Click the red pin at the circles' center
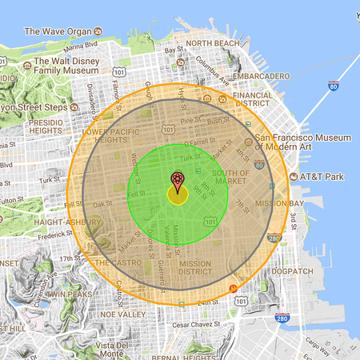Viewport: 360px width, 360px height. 178,180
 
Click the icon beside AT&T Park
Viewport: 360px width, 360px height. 294,175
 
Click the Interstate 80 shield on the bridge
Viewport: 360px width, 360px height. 332,85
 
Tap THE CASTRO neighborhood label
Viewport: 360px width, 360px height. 118,262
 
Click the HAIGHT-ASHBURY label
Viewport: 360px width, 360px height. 46,223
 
